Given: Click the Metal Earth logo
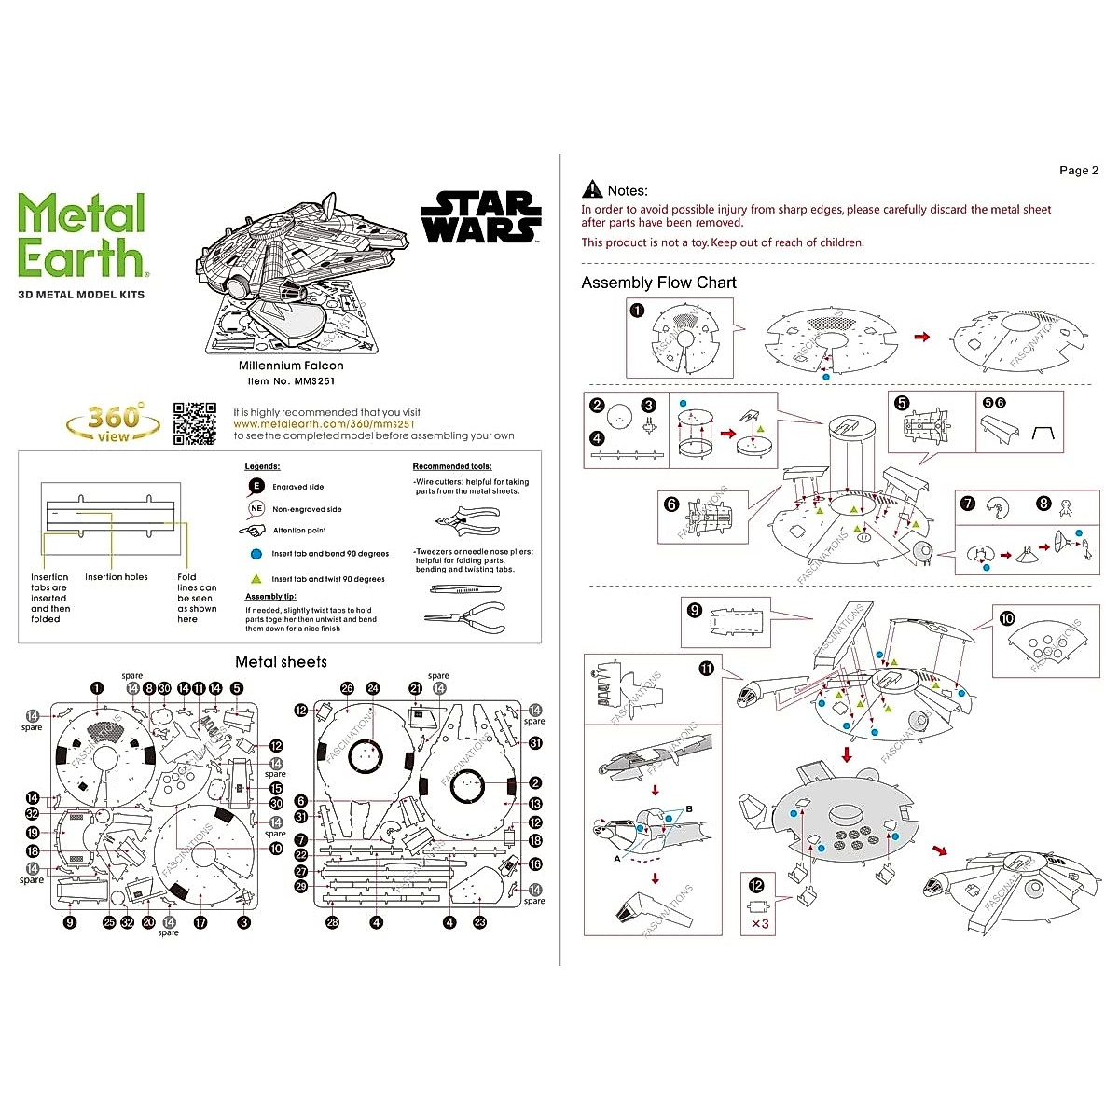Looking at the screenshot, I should pos(82,236).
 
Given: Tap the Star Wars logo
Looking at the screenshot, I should pos(481,217).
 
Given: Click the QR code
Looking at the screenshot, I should pos(195,423).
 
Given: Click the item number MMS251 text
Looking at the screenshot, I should pos(291,380).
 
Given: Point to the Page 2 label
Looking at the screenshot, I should pos(1078,171).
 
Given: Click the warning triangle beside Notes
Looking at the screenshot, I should pos(592,190).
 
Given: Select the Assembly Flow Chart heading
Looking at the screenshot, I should pos(658,283).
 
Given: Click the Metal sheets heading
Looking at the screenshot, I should pos(281,662).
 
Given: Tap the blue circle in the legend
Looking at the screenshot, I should pos(256,554).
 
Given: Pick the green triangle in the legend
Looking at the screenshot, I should pos(256,578).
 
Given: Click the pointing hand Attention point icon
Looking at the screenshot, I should pos(253,531).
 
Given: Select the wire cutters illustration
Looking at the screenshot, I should pos(467,518).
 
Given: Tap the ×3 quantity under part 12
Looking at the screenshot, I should pos(760,924).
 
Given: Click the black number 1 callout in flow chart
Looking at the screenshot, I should pos(637,311).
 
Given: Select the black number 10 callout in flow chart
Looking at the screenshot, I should pos(1006,618).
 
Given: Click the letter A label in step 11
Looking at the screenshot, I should pos(616,859).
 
